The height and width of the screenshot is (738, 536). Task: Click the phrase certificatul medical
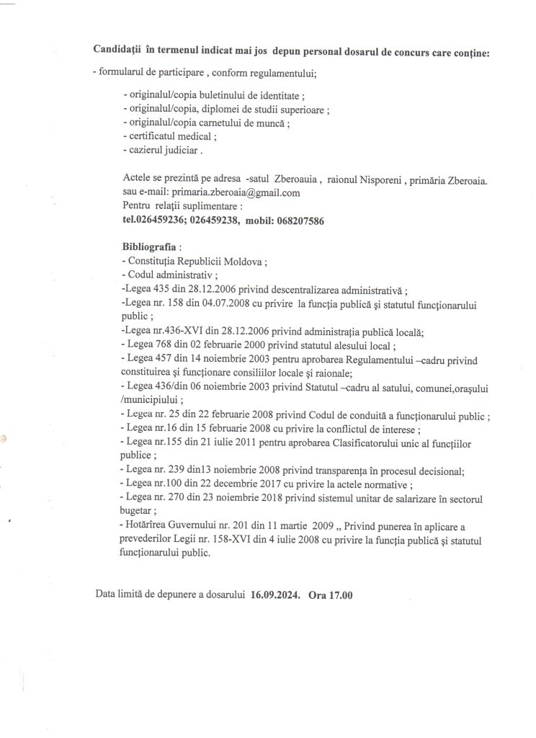click(x=170, y=135)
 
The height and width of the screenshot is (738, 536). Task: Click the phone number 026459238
click(x=213, y=222)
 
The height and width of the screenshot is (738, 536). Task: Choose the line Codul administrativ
click(x=164, y=275)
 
